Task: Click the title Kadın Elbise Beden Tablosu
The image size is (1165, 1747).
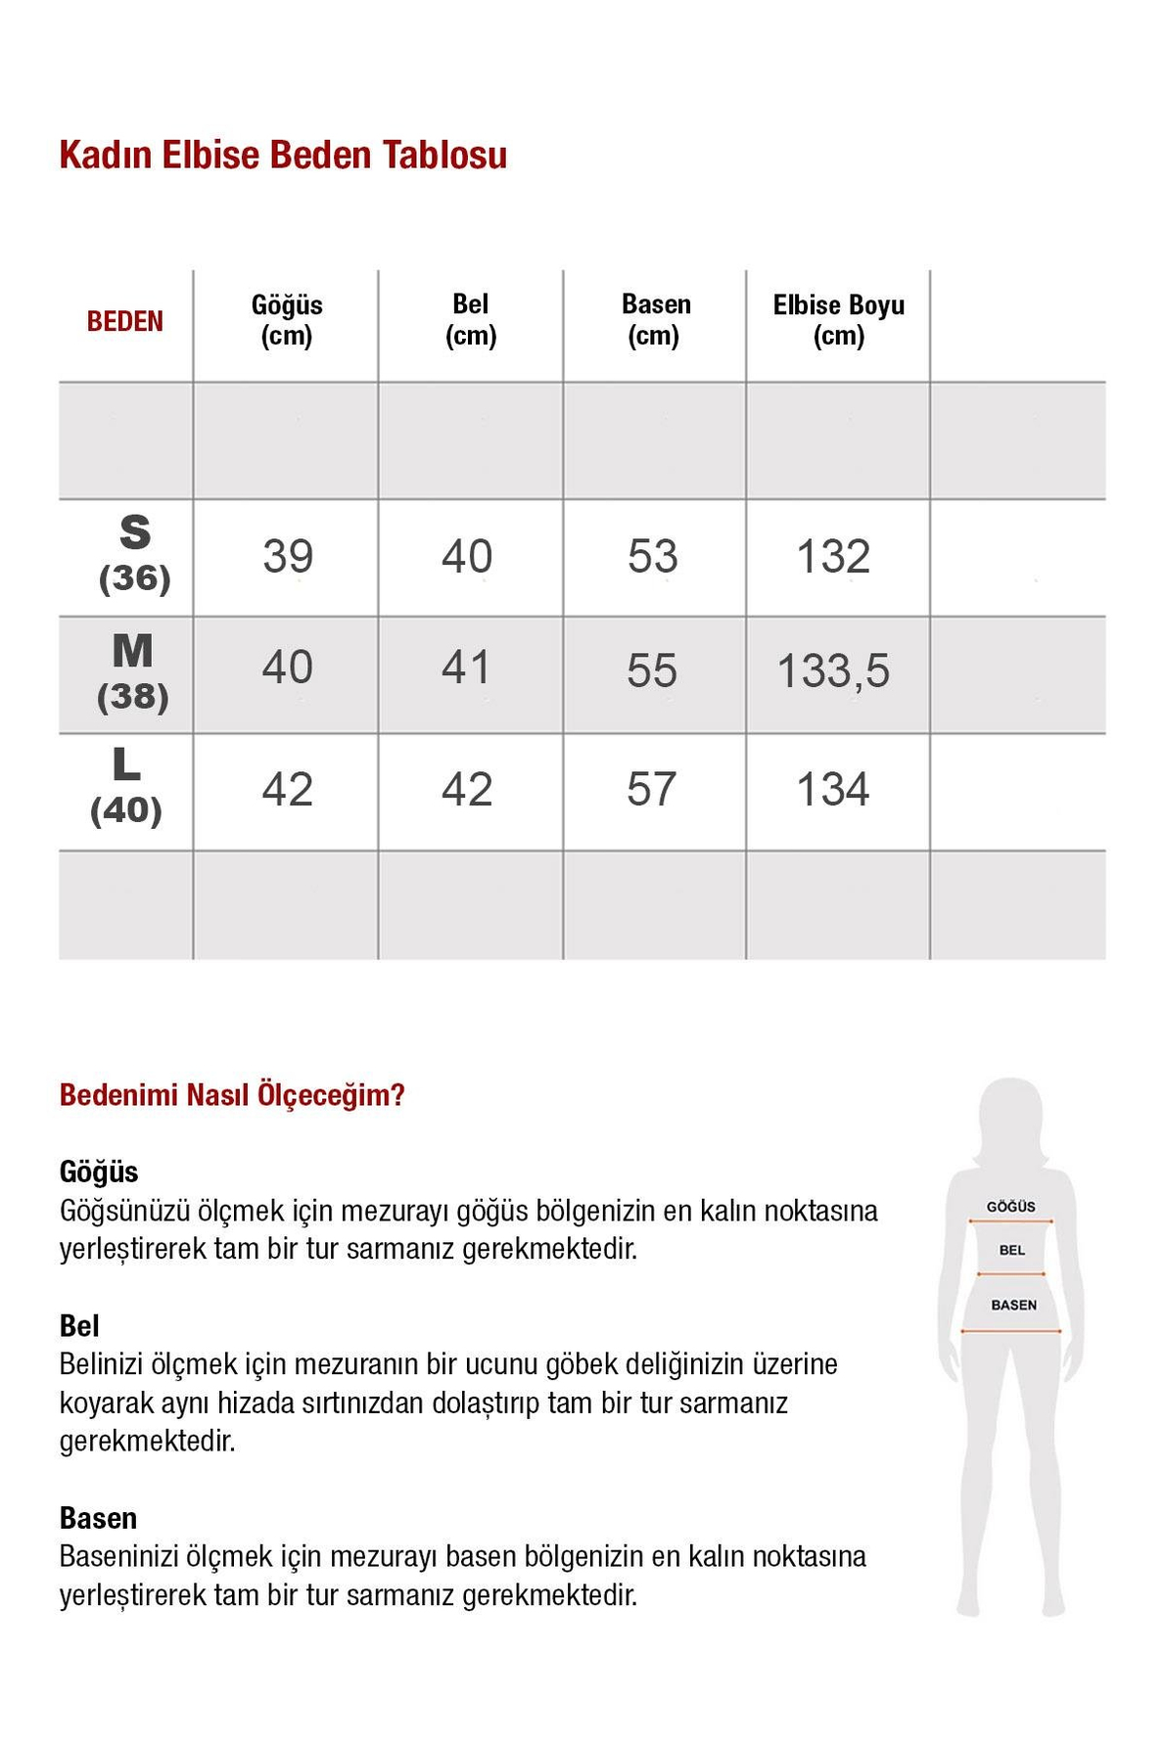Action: (283, 156)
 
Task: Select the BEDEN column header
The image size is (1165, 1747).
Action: (125, 321)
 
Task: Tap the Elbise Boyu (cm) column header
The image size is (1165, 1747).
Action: (838, 320)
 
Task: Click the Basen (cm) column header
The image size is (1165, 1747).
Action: (655, 320)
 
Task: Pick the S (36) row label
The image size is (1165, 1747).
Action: (135, 554)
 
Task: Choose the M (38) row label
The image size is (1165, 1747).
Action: (133, 671)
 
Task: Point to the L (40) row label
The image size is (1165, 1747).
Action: (126, 786)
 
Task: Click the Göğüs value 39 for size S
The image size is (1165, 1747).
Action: (288, 556)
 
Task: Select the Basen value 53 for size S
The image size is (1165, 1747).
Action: (652, 556)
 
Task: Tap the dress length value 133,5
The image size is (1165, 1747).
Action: (833, 671)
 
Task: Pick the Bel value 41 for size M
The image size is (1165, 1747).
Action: (466, 667)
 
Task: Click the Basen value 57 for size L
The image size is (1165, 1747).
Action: (651, 789)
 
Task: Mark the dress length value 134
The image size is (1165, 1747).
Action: (832, 789)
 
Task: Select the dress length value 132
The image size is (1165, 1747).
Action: (833, 556)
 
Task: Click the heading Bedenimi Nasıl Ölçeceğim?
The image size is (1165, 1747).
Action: (232, 1094)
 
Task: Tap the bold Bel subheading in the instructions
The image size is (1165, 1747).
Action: (79, 1325)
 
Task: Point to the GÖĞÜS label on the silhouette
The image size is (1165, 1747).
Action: (1010, 1207)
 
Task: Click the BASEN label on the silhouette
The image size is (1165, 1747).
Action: (1013, 1305)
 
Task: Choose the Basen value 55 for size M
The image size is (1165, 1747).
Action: (652, 671)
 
